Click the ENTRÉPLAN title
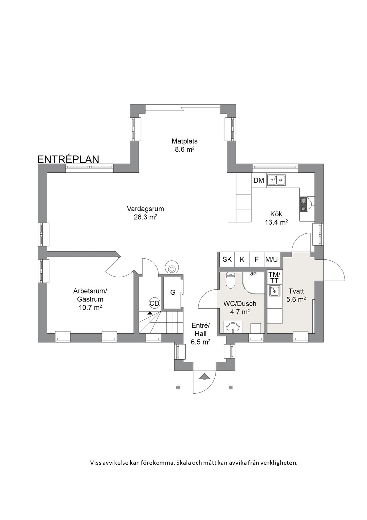tap(68, 159)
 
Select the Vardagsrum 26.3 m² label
tap(146, 213)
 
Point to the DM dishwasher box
tap(259, 180)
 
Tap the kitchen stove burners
tap(303, 204)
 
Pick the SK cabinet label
tap(227, 259)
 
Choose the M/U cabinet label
tap(271, 259)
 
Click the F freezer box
tap(256, 259)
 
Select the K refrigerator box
tap(242, 259)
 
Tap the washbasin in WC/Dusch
tap(233, 327)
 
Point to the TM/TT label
tap(275, 277)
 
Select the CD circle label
tap(154, 303)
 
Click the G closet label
tap(173, 292)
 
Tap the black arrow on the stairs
tap(150, 313)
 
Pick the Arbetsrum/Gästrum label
tap(90, 299)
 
